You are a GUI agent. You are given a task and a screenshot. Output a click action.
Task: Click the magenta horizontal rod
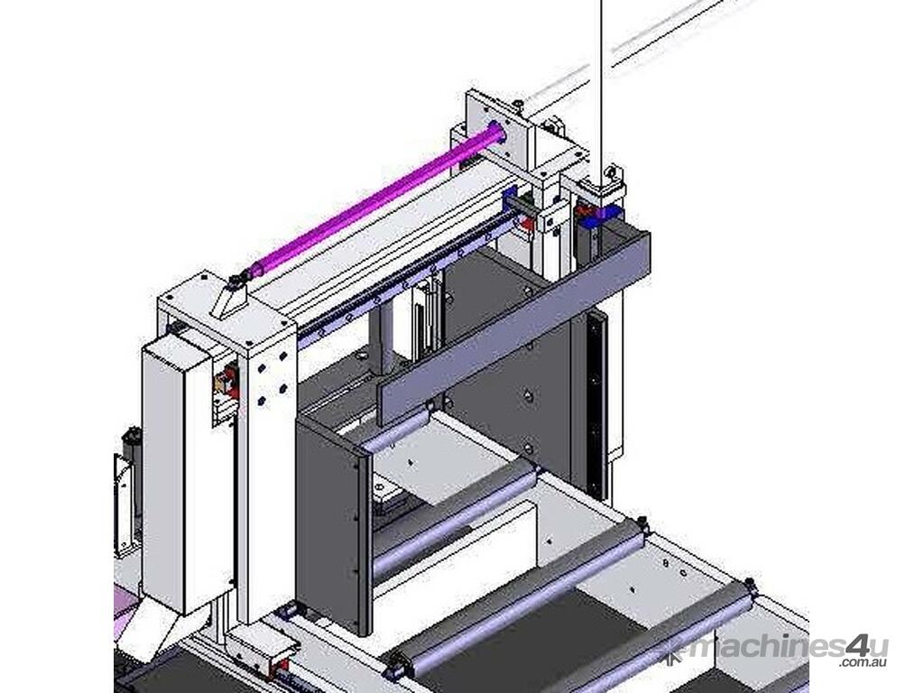[x=377, y=200]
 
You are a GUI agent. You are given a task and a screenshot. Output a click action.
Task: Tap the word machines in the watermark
[x=767, y=649]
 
